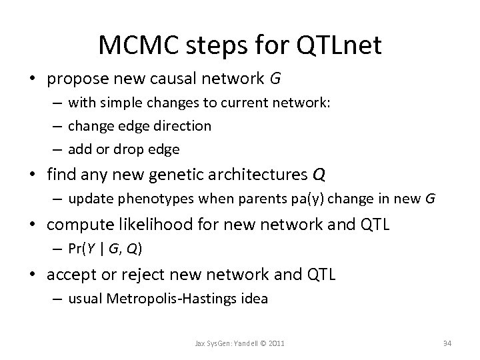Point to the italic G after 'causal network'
click(x=275, y=80)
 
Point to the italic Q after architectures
click(x=319, y=175)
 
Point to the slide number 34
click(x=447, y=343)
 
